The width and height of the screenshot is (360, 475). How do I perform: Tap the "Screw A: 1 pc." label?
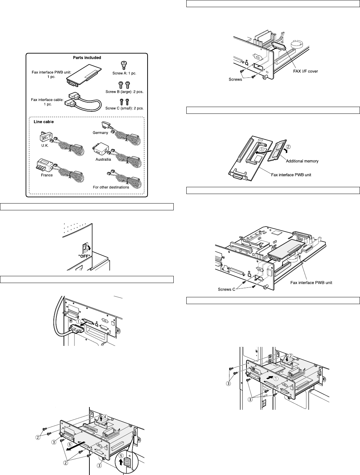[124, 73]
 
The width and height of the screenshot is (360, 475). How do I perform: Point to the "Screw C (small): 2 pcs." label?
[124, 108]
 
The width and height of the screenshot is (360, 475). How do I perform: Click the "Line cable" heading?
[44, 122]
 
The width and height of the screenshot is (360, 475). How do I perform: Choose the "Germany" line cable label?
[100, 133]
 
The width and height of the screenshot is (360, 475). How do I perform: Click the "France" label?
[47, 175]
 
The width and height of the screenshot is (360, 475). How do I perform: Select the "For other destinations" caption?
[111, 187]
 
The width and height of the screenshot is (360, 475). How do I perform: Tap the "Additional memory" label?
[302, 161]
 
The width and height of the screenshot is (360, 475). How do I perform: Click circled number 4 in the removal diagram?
[106, 416]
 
